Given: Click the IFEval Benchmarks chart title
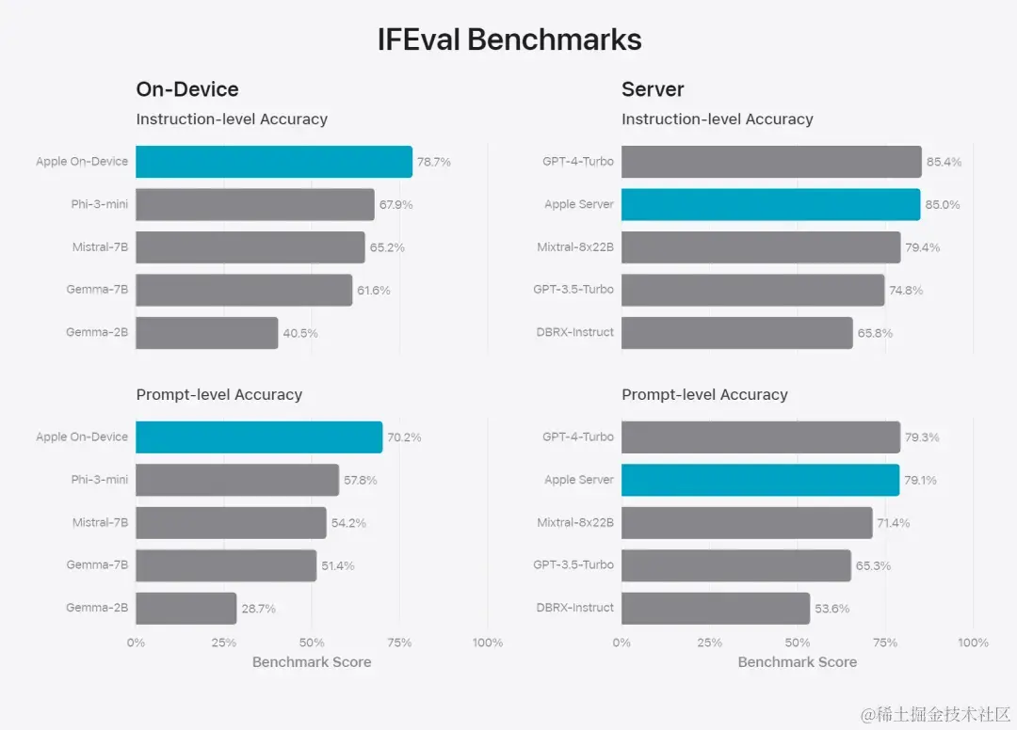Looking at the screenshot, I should (509, 40).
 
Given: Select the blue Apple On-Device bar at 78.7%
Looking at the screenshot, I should (274, 162).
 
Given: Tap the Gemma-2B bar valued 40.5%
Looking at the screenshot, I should (207, 333).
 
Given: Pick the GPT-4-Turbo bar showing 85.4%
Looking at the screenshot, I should (771, 162).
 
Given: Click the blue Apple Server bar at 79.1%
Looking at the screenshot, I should (760, 480).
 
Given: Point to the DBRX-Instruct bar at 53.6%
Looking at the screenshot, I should (716, 609).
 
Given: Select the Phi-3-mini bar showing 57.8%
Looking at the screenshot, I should (237, 480).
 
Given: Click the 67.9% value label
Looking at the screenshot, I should (395, 205).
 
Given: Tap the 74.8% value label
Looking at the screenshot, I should (906, 291).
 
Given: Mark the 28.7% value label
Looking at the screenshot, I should (258, 609).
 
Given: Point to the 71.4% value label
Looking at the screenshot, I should (893, 523).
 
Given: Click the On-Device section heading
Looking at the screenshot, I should (187, 89).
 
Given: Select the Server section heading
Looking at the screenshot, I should (653, 89).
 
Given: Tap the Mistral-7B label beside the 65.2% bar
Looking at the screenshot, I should (100, 247).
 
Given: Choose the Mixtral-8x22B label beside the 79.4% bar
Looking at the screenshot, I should (575, 247).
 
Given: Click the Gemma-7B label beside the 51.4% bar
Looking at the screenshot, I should (97, 565).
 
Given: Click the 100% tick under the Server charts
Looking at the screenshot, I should (973, 643).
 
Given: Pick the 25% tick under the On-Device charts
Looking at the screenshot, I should (224, 643).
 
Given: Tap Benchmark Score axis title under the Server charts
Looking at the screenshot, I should (797, 662).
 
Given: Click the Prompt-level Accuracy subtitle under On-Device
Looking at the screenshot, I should (219, 395).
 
